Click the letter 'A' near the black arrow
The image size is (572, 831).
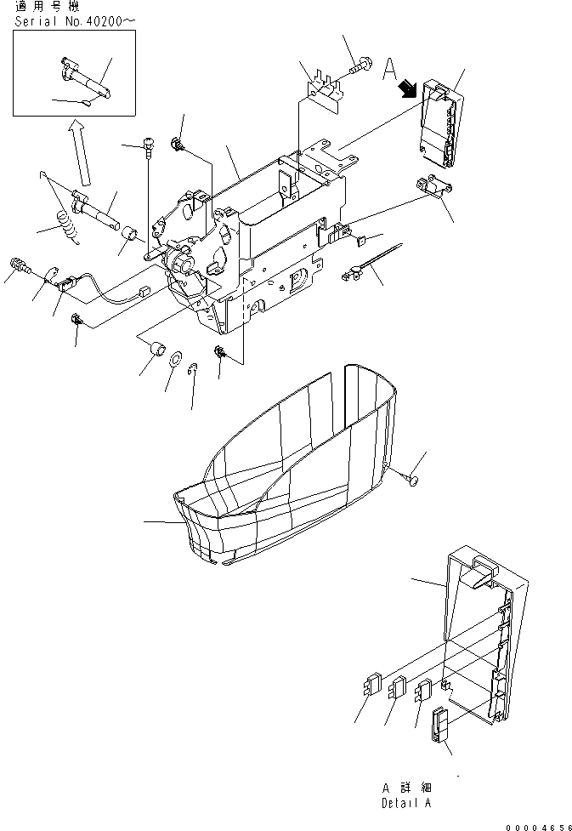pyautogui.click(x=390, y=68)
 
